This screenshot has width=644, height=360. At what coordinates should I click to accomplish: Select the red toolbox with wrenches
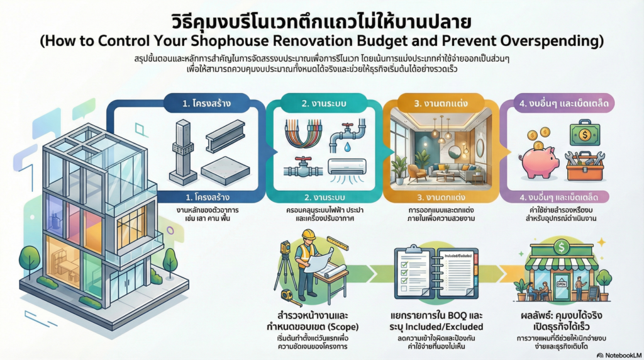(584, 166)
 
